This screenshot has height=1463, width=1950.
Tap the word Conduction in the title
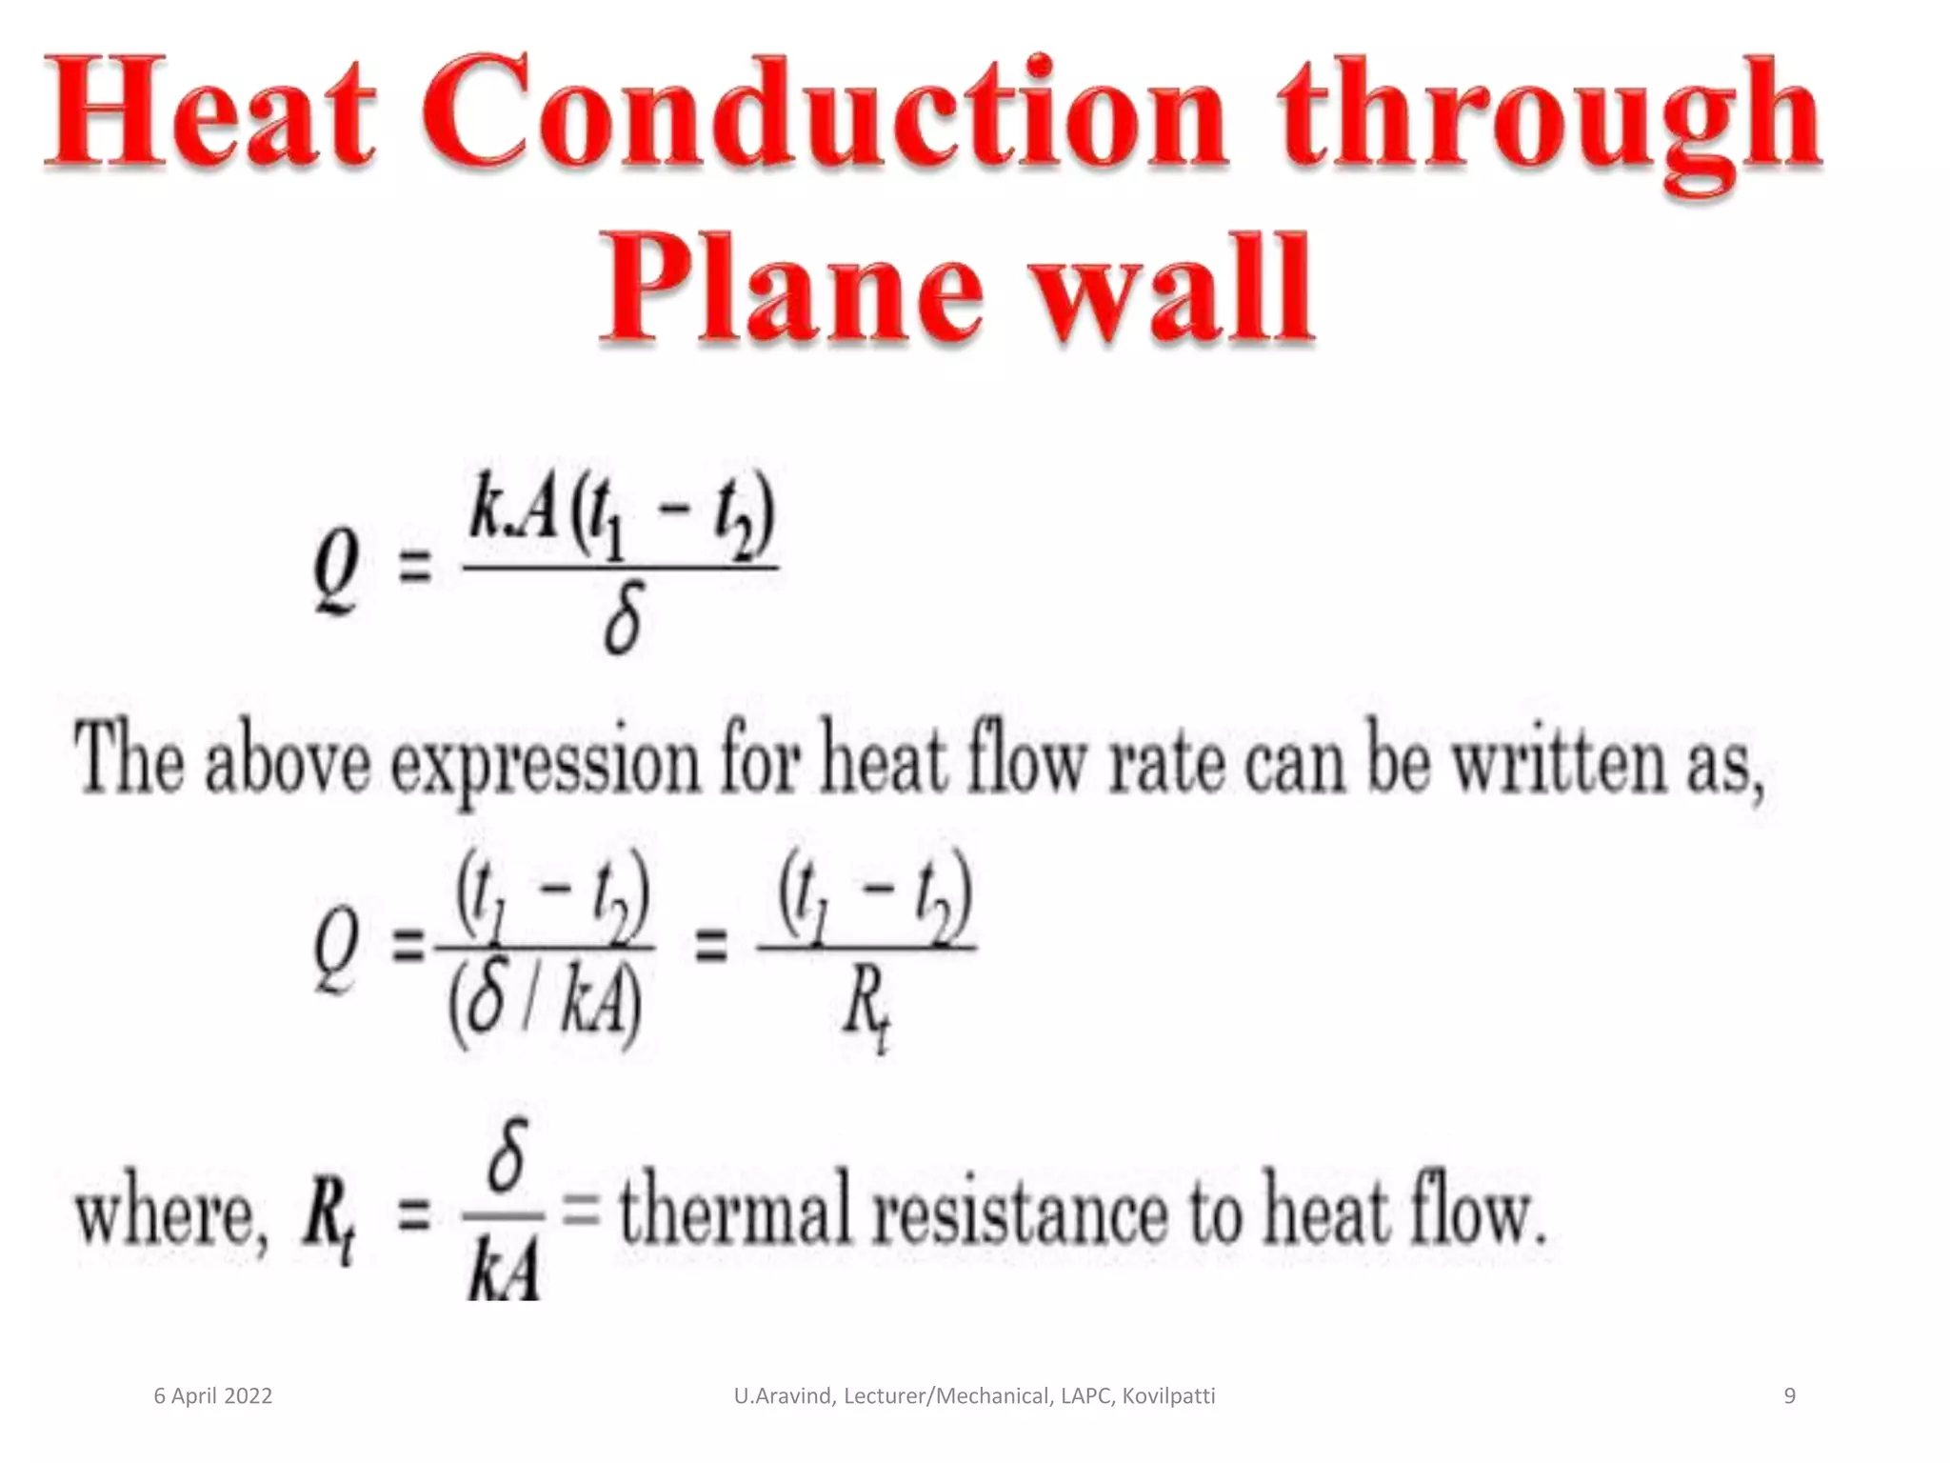pyautogui.click(x=823, y=114)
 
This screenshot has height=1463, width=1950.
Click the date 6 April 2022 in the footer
pyautogui.click(x=213, y=1396)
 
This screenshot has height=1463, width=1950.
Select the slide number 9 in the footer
pyautogui.click(x=1789, y=1396)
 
